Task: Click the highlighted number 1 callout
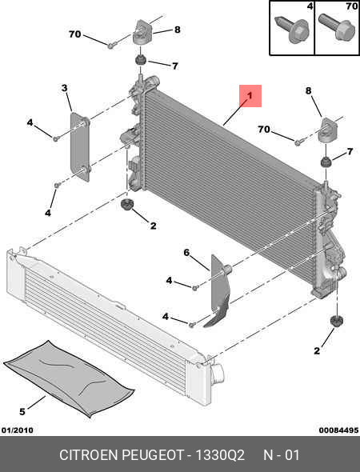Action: click(x=250, y=96)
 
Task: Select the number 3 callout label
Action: click(x=65, y=88)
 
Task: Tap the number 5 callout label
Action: click(x=22, y=411)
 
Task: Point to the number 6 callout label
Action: click(x=186, y=253)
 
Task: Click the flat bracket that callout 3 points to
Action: click(x=80, y=147)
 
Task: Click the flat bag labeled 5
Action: click(x=69, y=378)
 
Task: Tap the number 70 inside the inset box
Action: click(x=351, y=6)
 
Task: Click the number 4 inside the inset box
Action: click(x=310, y=6)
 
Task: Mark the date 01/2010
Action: click(x=18, y=430)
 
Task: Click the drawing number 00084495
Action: click(x=338, y=430)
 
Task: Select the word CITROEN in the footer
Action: click(x=89, y=455)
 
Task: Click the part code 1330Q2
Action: click(x=220, y=455)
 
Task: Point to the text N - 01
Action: click(x=282, y=455)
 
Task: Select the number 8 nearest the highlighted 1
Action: click(x=309, y=90)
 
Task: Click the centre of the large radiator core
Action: click(x=230, y=186)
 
